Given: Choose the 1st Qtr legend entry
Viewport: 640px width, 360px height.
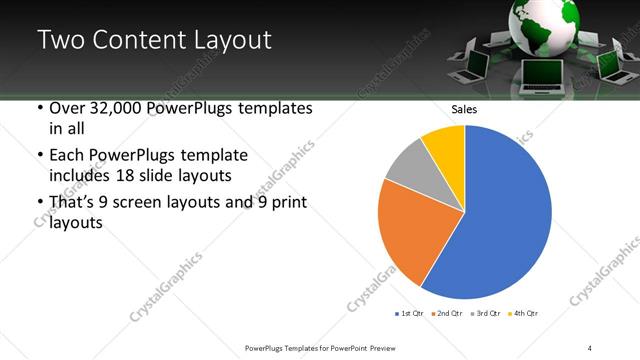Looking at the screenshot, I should [x=410, y=314].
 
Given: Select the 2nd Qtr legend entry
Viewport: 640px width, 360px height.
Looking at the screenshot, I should [x=445, y=314].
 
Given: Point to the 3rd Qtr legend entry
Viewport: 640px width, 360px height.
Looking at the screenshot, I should [x=483, y=314].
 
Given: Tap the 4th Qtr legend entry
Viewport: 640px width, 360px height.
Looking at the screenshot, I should [x=522, y=314].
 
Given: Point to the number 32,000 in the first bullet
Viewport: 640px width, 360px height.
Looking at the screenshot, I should [x=113, y=109].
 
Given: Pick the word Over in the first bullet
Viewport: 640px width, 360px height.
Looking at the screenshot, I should [x=66, y=109].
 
